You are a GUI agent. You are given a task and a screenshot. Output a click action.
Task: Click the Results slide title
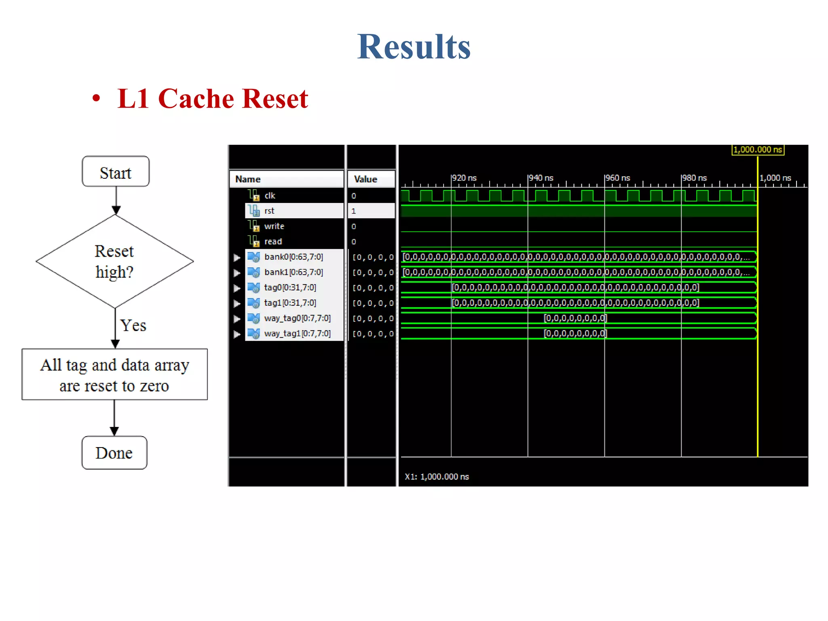tap(414, 47)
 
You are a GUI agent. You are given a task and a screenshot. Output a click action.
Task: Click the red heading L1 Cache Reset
tap(212, 99)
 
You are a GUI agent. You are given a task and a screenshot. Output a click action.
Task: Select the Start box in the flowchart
tap(116, 172)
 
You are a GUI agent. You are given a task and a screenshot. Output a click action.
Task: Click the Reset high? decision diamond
tap(114, 261)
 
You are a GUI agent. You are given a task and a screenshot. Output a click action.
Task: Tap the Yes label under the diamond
tap(133, 325)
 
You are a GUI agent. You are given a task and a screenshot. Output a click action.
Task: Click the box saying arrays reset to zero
tap(114, 375)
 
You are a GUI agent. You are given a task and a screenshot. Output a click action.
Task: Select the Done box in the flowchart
tap(114, 453)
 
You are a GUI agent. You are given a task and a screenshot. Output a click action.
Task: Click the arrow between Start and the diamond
tap(116, 201)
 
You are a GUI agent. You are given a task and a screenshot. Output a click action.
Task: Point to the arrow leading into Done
tap(114, 418)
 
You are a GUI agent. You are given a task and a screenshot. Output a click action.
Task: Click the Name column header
tap(248, 179)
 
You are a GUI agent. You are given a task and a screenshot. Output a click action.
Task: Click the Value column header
tap(365, 179)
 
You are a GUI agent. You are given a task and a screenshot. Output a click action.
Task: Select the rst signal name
tap(269, 211)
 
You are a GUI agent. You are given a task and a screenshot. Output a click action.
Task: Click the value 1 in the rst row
tap(354, 211)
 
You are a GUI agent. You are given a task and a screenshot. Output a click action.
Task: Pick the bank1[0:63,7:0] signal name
tap(294, 272)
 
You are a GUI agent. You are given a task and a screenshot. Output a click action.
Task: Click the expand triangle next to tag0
tap(237, 288)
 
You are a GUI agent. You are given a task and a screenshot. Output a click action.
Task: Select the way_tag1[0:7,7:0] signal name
tap(297, 334)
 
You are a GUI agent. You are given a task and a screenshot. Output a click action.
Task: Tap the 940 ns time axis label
tap(541, 178)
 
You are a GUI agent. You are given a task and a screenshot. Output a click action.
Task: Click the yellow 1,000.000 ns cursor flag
tap(758, 150)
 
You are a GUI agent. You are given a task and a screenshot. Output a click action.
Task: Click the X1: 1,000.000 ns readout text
tap(437, 477)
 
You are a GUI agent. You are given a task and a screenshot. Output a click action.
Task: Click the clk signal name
tap(270, 196)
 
